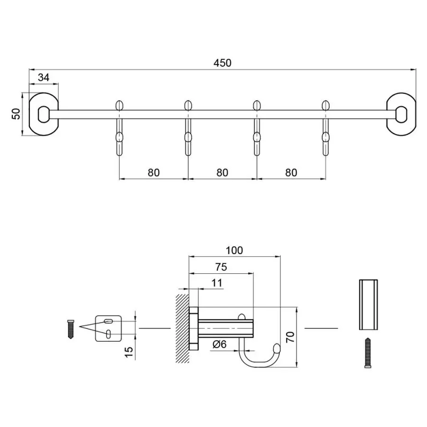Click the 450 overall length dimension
click(222, 63)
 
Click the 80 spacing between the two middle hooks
click(222, 172)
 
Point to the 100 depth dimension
click(234, 250)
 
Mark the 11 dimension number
click(216, 283)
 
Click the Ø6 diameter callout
click(219, 344)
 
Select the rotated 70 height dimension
click(290, 337)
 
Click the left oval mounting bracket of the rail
click(43, 114)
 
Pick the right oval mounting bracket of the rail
click(401, 114)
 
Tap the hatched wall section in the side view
click(182, 328)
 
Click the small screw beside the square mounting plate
click(71, 328)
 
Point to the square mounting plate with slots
click(109, 328)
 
